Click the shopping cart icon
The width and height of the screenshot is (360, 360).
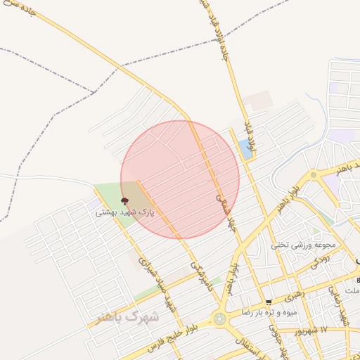click(x=269, y=302)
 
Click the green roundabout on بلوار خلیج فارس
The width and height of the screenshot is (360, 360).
click(x=220, y=319)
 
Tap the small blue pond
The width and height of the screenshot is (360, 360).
click(x=245, y=148)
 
